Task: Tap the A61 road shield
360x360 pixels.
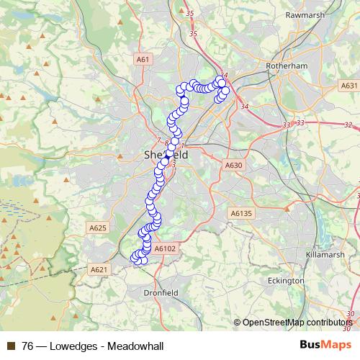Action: pyautogui.click(x=143, y=60)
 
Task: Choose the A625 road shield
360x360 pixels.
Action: pyautogui.click(x=98, y=228)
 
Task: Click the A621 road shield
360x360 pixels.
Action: pyautogui.click(x=99, y=269)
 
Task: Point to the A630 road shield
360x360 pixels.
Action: pyautogui.click(x=233, y=166)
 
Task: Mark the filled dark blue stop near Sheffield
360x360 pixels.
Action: pyautogui.click(x=168, y=154)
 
